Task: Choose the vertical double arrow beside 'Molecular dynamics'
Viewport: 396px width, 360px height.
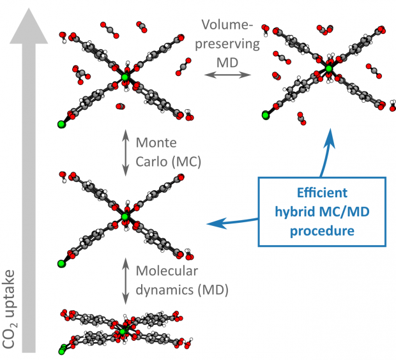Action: pos(126,280)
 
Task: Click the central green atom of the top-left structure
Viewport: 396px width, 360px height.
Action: pos(125,77)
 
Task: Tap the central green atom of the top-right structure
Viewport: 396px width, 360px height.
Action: pos(329,68)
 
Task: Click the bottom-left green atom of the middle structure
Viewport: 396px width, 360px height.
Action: pos(61,263)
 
